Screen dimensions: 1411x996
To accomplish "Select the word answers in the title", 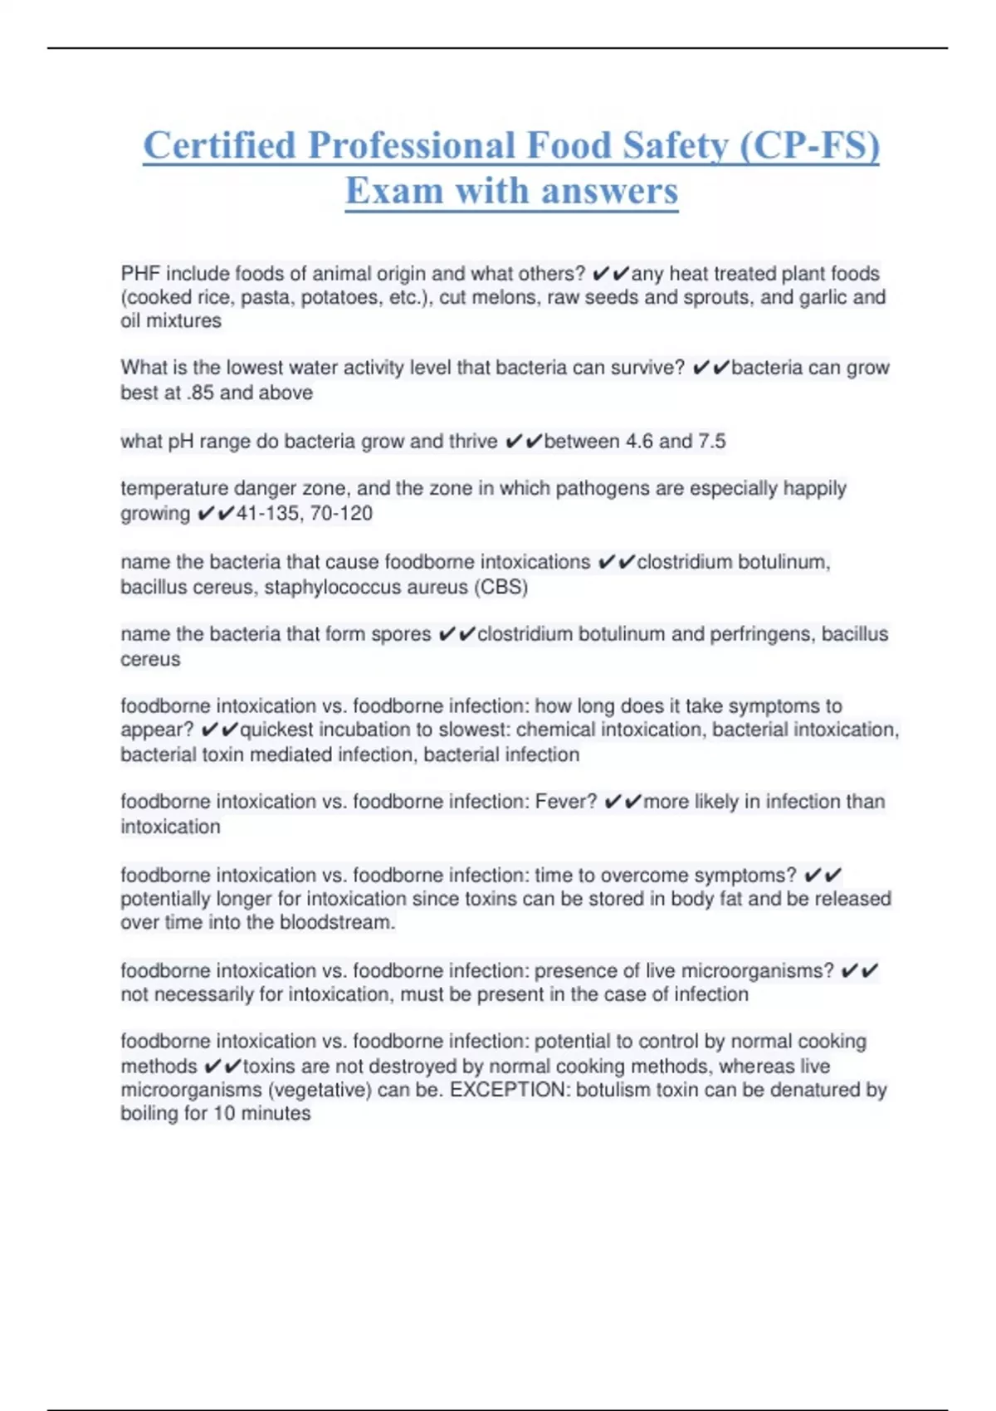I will [609, 191].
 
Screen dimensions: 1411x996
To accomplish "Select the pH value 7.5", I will [711, 442].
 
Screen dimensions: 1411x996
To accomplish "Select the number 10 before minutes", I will [224, 1114].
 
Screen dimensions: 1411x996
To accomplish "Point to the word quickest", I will [277, 730].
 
